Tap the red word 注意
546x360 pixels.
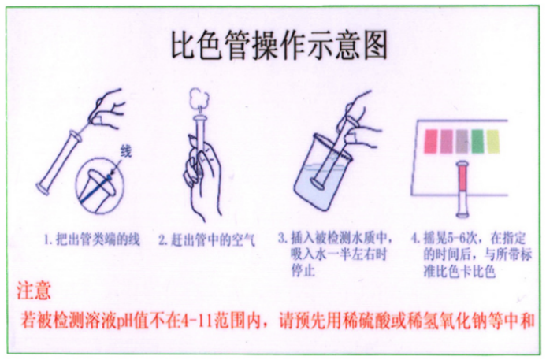(x=34, y=292)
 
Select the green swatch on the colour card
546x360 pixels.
(x=475, y=142)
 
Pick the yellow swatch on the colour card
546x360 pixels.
(x=492, y=142)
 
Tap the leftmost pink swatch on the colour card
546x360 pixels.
(x=431, y=142)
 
